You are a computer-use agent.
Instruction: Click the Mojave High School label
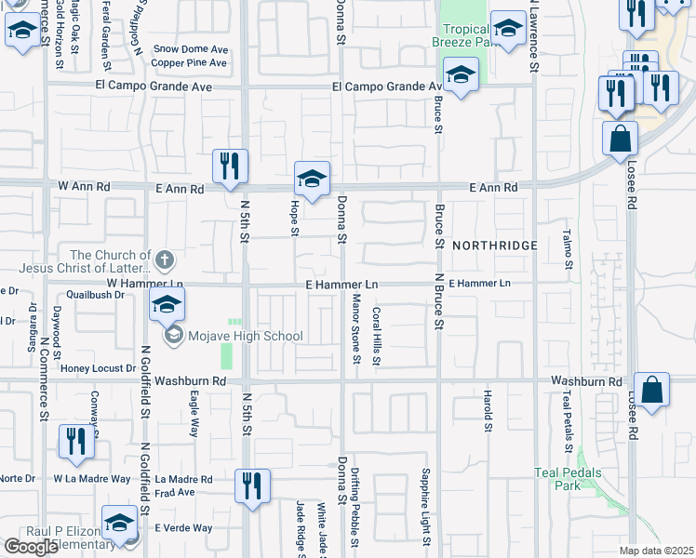[x=246, y=336]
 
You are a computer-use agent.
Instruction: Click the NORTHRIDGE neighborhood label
[x=495, y=245]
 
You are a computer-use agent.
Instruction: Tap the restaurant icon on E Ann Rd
[x=230, y=166]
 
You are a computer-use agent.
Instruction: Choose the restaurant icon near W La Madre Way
[x=75, y=442]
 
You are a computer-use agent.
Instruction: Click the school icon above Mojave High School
[x=167, y=304]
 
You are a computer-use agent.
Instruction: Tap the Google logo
[x=32, y=547]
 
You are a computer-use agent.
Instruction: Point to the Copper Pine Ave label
[x=190, y=63]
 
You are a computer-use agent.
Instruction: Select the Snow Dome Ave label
[x=190, y=48]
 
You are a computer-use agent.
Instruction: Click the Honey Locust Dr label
[x=98, y=368]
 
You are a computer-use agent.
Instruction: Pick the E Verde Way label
[x=183, y=527]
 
